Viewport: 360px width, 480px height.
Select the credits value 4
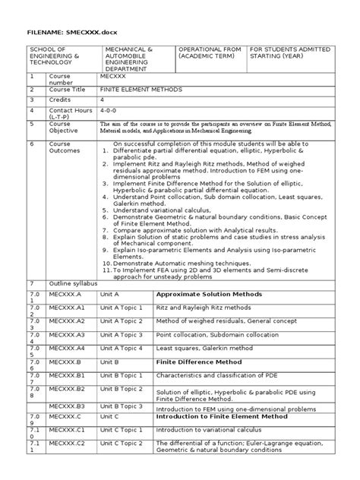(103, 99)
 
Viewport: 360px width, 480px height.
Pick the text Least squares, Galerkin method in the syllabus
(202, 348)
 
